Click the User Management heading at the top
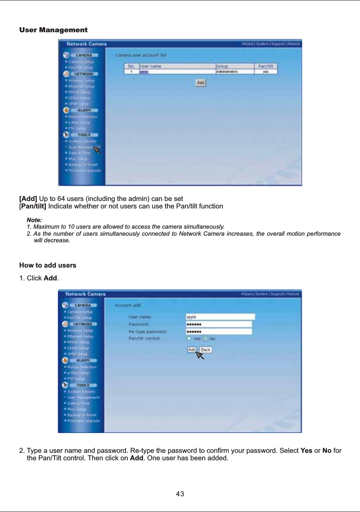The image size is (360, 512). (x=53, y=30)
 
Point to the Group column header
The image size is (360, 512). (x=222, y=66)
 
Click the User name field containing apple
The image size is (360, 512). (x=220, y=317)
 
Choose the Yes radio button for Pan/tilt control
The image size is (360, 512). (x=189, y=339)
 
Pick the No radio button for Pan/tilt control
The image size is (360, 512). (x=205, y=339)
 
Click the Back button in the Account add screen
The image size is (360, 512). (x=205, y=350)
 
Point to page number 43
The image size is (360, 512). (x=180, y=494)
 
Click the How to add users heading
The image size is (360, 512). (x=48, y=265)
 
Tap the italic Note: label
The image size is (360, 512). (x=34, y=220)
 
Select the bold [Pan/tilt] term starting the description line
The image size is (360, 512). (x=33, y=206)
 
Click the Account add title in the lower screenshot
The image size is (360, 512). (x=128, y=306)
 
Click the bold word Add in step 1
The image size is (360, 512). (x=50, y=278)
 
